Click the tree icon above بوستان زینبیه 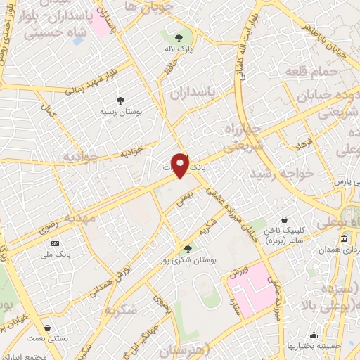pyautogui.click(x=120, y=101)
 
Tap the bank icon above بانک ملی pyautogui.click(x=56, y=243)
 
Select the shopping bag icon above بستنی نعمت pyautogui.click(x=47, y=328)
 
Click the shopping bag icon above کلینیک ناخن pyautogui.click(x=284, y=219)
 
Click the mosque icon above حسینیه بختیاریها pyautogui.click(x=314, y=335)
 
